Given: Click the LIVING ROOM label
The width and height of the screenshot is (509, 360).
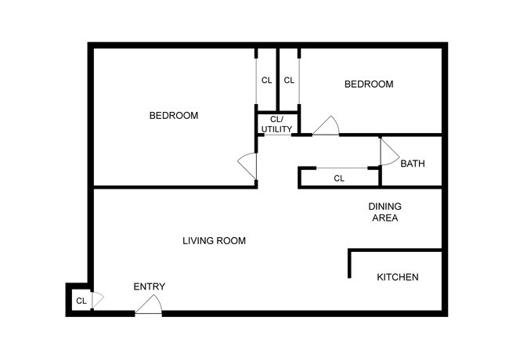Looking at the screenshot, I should (214, 241).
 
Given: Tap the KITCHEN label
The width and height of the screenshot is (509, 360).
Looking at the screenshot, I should (398, 278).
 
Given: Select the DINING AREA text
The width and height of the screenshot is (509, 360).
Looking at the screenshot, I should (384, 212).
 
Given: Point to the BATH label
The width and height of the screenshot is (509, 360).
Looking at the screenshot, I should (413, 164).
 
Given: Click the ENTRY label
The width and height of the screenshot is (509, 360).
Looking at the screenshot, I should (149, 286).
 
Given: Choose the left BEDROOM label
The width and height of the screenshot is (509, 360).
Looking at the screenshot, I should (174, 116).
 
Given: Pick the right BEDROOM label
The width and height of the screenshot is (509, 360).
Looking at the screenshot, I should (369, 84).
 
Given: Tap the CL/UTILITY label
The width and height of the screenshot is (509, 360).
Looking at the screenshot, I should (276, 124).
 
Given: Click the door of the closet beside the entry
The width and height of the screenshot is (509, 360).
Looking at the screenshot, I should (98, 300).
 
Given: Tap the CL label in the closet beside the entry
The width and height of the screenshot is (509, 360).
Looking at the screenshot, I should (81, 301).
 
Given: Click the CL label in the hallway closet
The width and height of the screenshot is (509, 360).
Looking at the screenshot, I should (339, 178).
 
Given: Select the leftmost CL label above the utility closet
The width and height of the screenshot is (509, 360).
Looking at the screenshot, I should (266, 80).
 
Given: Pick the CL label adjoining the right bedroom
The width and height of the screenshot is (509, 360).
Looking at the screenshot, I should (289, 80).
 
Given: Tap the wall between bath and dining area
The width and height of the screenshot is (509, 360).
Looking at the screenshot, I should (413, 187).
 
